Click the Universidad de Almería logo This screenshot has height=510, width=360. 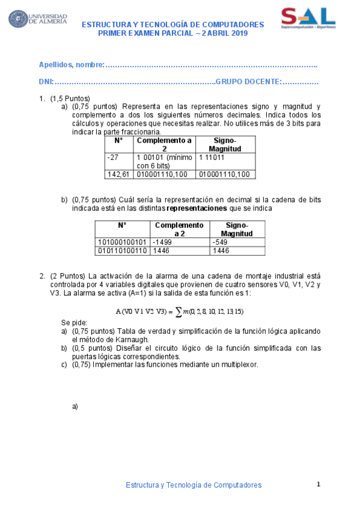tap(37, 19)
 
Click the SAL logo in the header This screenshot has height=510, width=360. tap(309, 18)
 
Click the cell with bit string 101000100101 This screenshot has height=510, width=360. tap(122, 241)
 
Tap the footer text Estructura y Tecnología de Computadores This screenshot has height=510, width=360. tap(193, 484)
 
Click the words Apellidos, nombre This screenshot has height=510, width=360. tap(72, 64)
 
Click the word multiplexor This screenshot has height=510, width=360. tap(239, 364)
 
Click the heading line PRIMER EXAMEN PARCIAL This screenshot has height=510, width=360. tap(172, 33)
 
